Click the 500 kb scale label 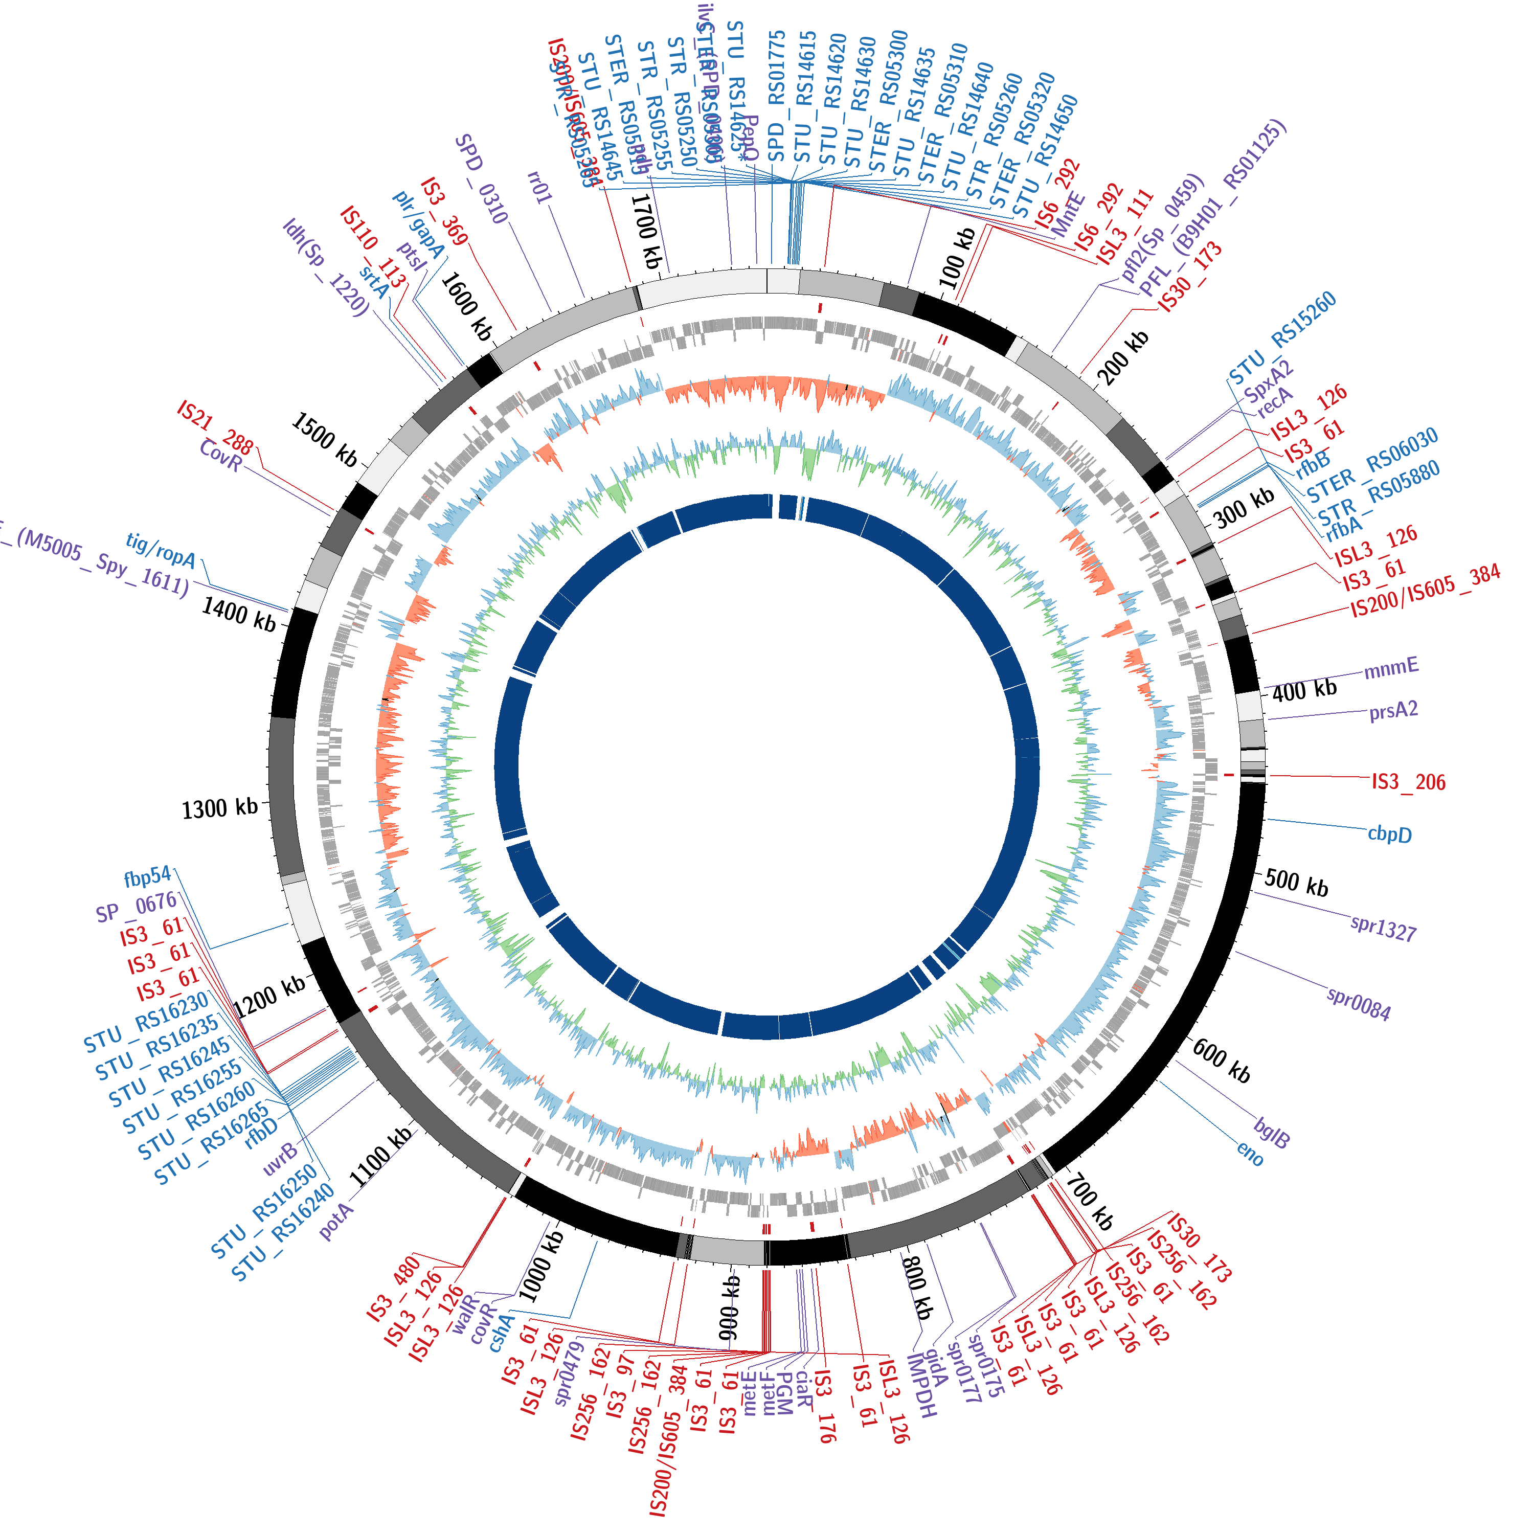[1296, 883]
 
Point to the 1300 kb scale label [220, 808]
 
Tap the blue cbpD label [1389, 834]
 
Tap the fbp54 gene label [148, 876]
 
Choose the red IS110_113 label [372, 247]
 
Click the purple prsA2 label [1393, 711]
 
